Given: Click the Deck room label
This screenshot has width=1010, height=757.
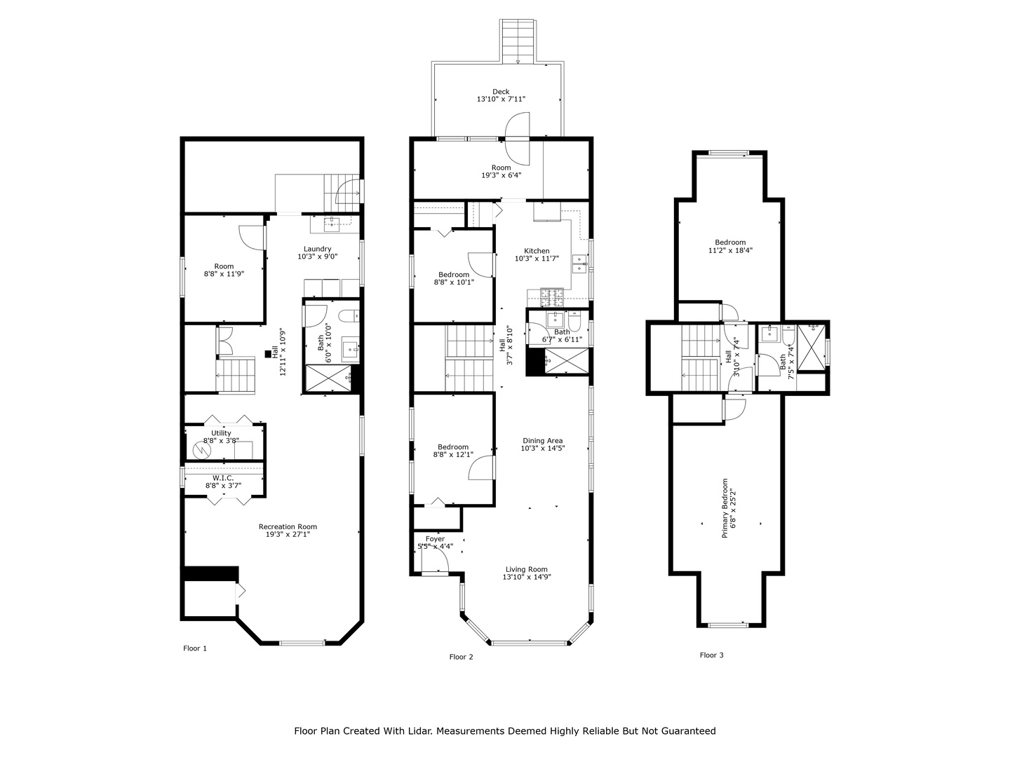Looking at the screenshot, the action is click(501, 91).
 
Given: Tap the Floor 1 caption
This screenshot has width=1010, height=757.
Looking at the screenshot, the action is click(195, 648).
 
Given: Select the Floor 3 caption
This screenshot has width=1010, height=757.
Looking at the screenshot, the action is click(711, 655).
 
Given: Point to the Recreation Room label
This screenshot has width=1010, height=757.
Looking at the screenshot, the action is click(288, 526).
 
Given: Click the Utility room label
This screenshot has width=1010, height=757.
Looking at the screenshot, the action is click(221, 433).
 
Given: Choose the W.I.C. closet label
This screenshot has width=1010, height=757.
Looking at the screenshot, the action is click(223, 478).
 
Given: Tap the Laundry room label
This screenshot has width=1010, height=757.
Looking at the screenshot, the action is click(318, 249).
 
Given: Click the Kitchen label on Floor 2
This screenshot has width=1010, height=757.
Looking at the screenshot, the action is click(537, 251).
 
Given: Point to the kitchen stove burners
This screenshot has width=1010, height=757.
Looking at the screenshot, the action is click(551, 297).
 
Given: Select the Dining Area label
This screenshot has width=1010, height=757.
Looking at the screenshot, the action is click(542, 440).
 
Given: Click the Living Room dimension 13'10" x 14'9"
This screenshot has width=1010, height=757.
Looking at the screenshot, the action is click(527, 577).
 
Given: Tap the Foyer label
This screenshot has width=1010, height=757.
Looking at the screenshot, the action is click(435, 539).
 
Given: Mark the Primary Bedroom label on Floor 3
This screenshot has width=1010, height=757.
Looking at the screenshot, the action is click(725, 508).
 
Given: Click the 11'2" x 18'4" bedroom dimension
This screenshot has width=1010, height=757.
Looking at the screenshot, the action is click(730, 250).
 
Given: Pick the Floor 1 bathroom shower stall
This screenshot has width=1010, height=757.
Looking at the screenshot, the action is click(328, 378).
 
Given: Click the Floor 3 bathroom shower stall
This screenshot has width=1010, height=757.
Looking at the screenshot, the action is click(812, 348).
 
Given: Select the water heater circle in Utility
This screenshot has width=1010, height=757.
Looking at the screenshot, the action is click(201, 451).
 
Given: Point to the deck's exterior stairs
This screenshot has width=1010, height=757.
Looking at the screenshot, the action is click(518, 41).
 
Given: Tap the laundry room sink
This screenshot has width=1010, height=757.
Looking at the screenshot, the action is click(331, 224).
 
